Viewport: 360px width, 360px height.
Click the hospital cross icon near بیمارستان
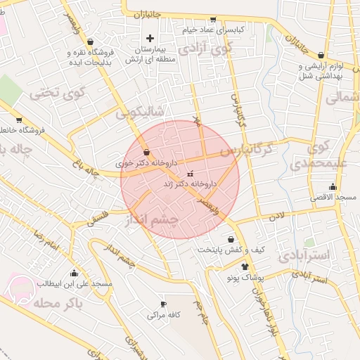coord(149,38)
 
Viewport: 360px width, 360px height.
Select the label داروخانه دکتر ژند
coord(190,183)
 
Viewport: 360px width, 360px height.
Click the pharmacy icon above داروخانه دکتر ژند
coord(189,173)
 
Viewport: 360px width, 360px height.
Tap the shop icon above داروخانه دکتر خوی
coord(146,152)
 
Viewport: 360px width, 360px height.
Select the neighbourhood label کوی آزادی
coord(205,49)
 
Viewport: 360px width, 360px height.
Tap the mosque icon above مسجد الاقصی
coord(333,187)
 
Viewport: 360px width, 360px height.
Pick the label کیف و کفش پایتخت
coord(230,250)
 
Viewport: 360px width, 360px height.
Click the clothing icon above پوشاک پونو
coord(245,267)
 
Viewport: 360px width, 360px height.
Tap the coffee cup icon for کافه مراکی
coord(163,304)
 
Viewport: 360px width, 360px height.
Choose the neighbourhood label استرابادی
coord(303,255)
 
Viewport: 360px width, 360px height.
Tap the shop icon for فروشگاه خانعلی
coord(19,120)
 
